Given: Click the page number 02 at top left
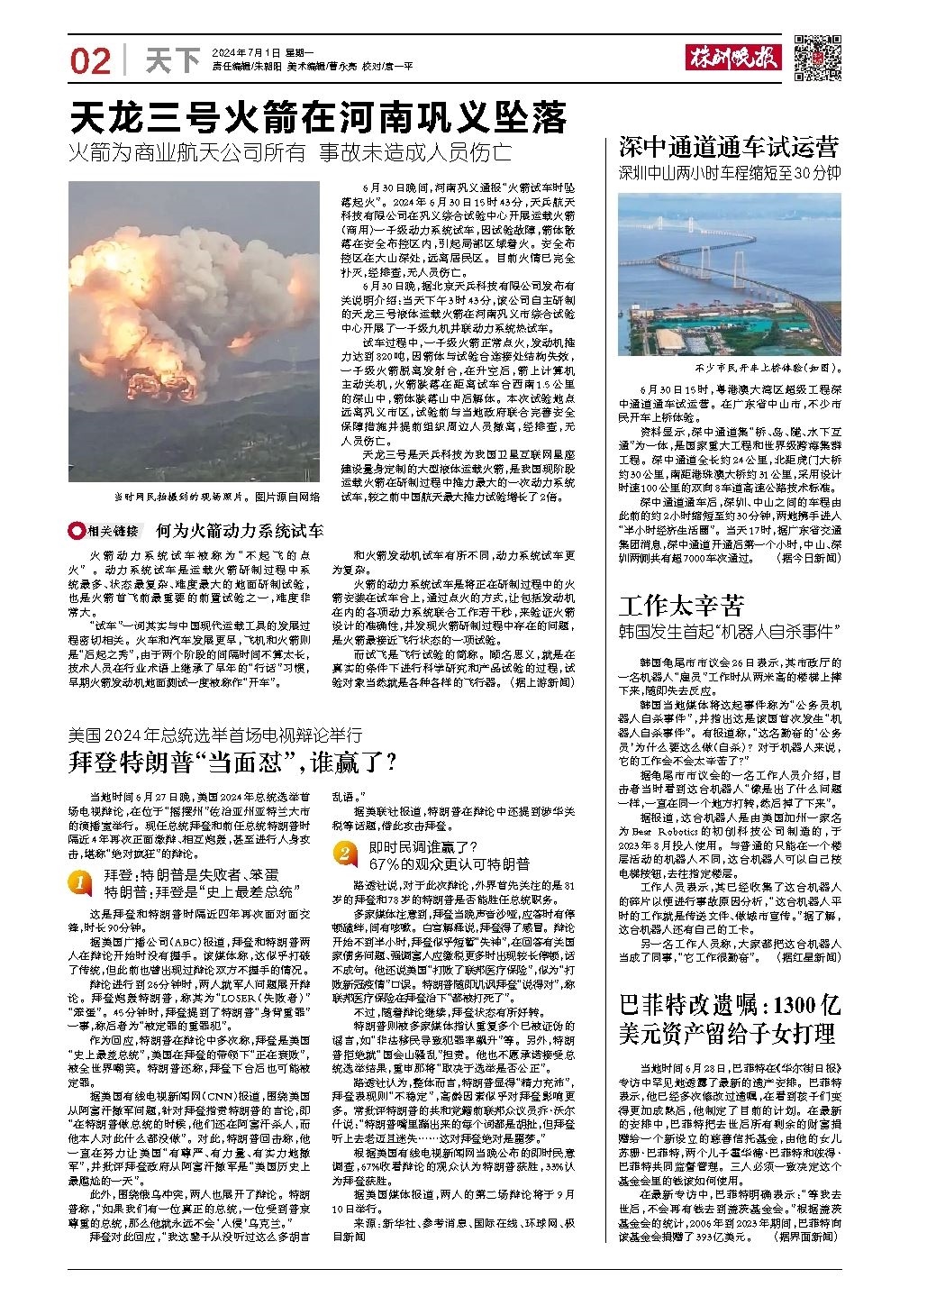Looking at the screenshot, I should (90, 61).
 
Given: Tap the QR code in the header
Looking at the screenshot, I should (818, 58).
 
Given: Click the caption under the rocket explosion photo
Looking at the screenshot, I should (216, 497).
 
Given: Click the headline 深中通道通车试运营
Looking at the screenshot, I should (728, 146).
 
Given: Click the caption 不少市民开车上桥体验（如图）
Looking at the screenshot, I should (768, 368).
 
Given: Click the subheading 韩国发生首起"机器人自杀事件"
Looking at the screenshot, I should (729, 629).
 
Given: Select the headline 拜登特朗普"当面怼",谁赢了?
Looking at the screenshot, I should (233, 762).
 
